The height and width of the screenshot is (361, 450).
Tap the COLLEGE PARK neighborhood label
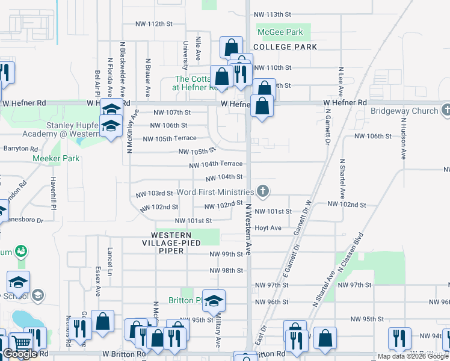coord(285,46)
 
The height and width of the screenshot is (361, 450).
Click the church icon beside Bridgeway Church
coord(446,110)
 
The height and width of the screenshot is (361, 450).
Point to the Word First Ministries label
coord(215,192)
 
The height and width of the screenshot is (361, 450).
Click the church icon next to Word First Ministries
coord(262,192)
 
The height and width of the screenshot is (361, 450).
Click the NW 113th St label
coord(273,14)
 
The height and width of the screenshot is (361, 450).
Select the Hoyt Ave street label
coord(268,228)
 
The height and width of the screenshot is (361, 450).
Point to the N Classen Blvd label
coord(351,253)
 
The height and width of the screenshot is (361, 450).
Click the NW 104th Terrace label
coord(216,164)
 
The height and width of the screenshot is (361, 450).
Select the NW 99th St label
coord(226,255)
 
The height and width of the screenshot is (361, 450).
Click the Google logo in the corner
coord(20,354)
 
